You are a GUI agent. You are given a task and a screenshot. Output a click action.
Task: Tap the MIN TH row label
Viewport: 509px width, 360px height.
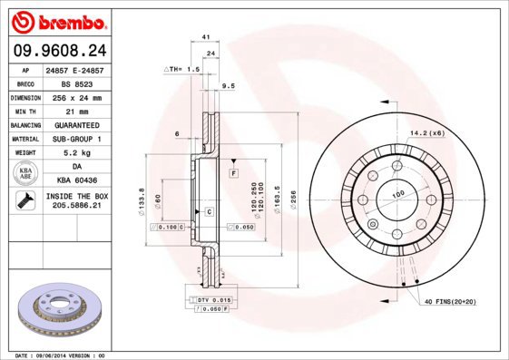[x=24, y=110]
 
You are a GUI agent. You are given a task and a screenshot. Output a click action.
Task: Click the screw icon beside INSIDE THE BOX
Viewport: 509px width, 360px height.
[x=24, y=201]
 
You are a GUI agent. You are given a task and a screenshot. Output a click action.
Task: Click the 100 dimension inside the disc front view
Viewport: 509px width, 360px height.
[x=397, y=194]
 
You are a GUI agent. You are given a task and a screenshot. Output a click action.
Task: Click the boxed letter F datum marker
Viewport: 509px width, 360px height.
[x=233, y=172]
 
